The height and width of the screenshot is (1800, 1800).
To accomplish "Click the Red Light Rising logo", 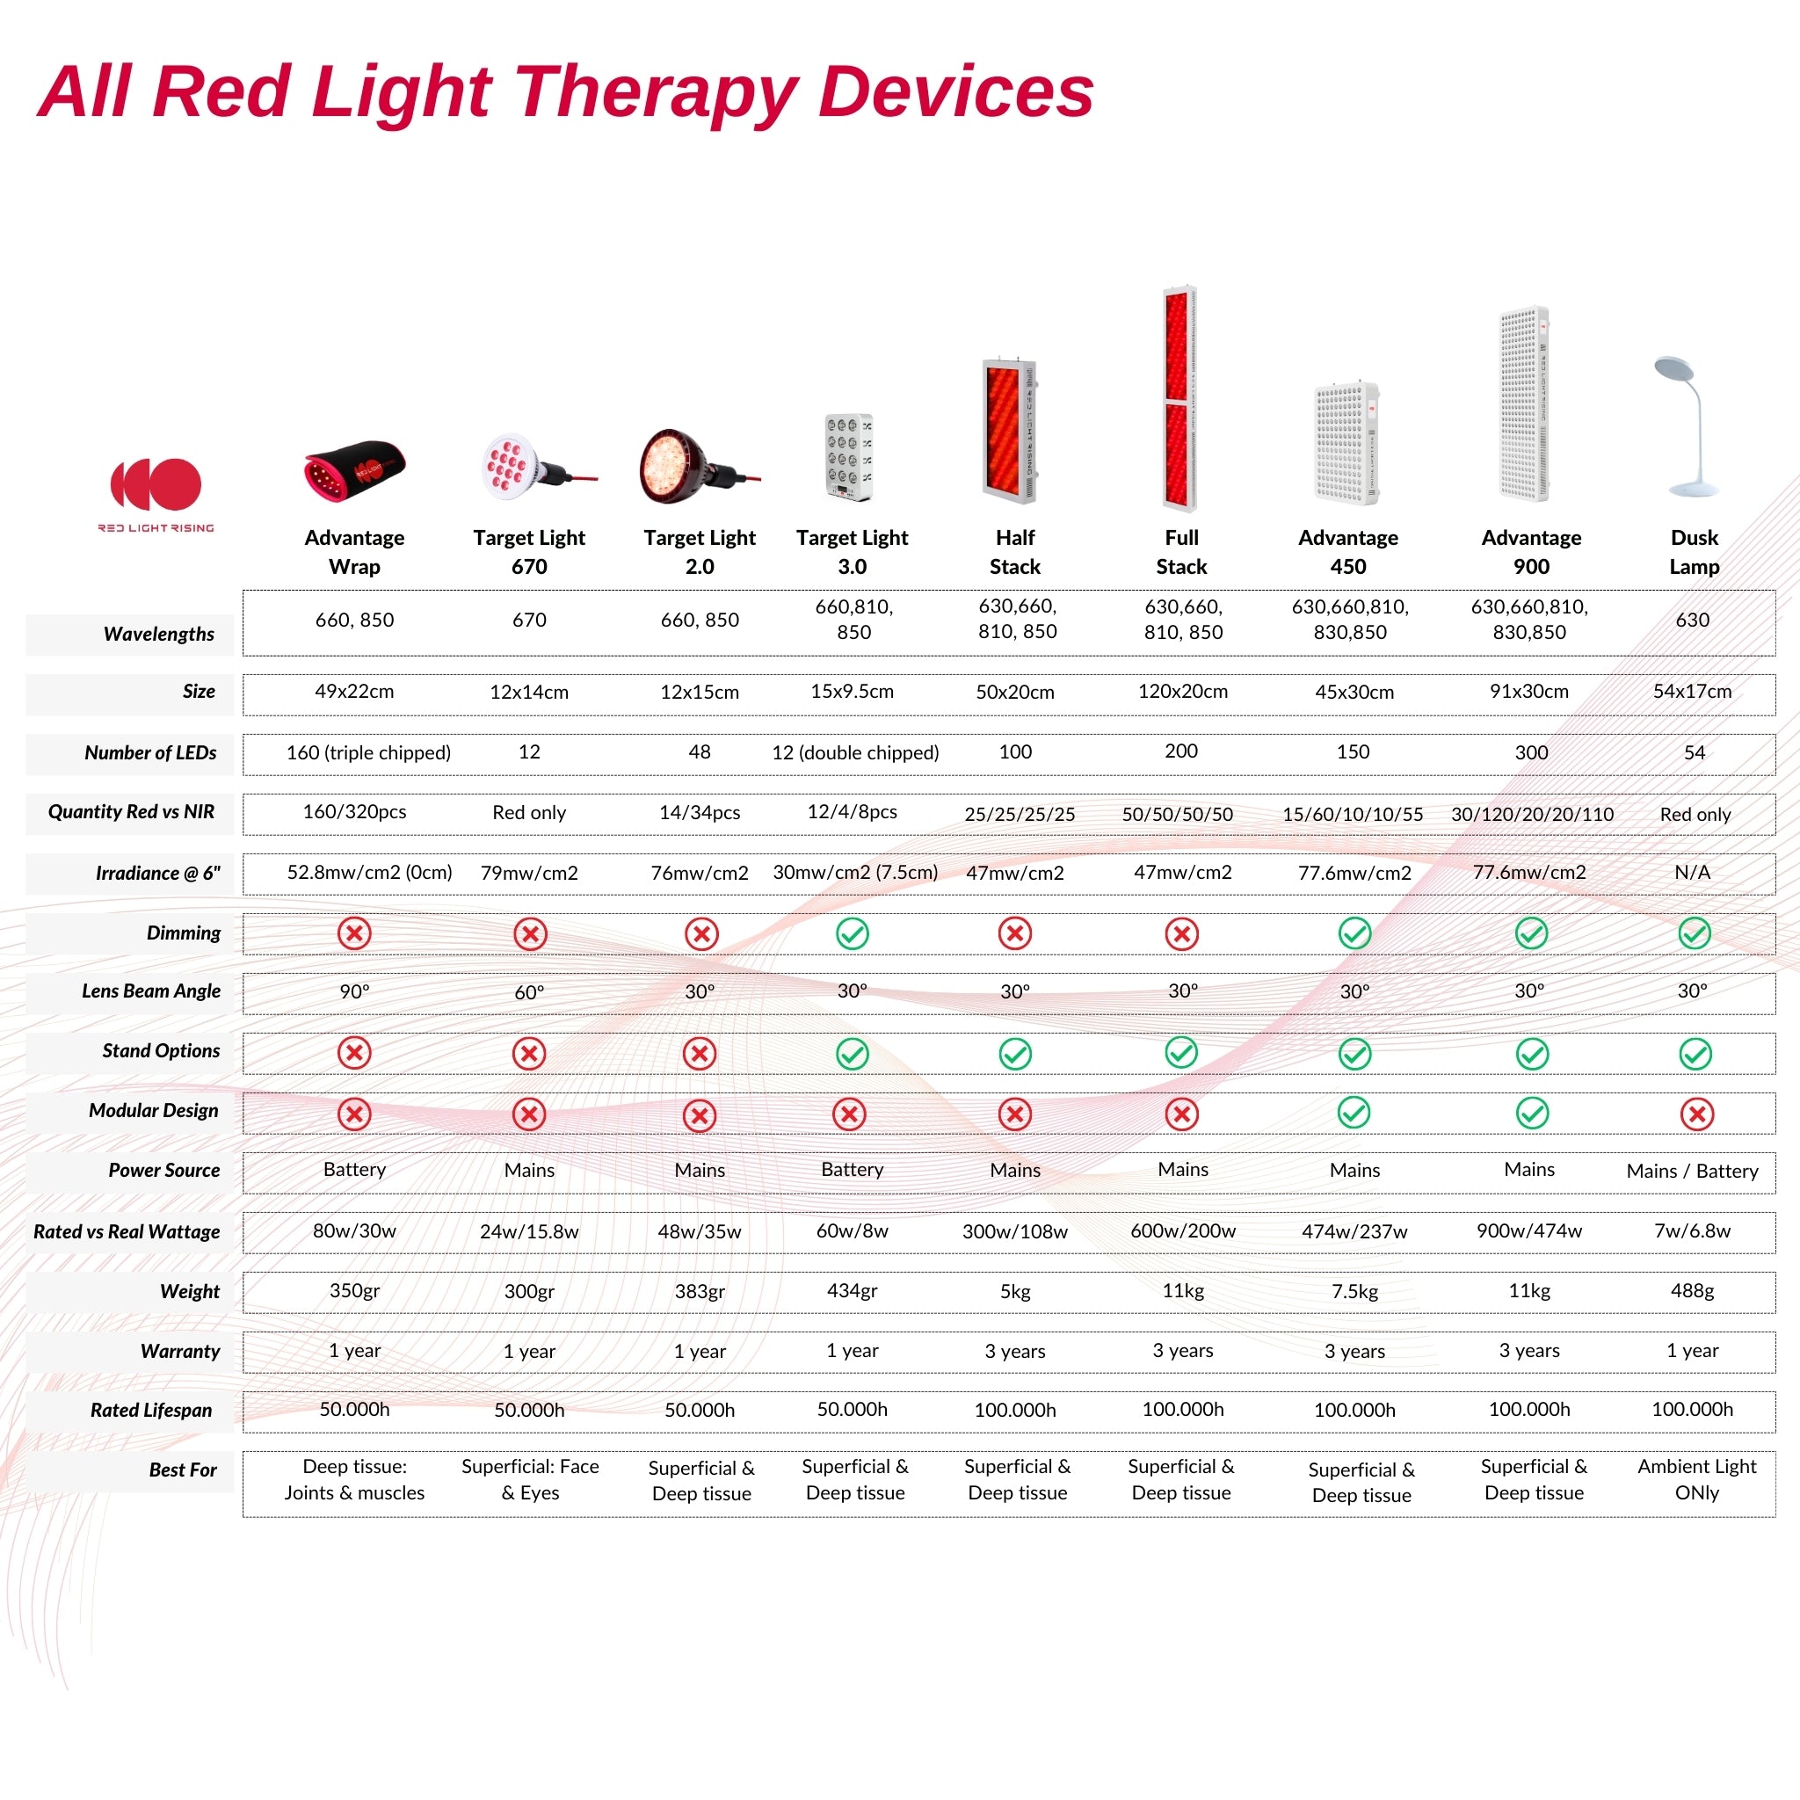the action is pyautogui.click(x=156, y=495).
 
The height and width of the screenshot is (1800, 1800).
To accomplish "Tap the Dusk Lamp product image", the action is pyautogui.click(x=1686, y=425).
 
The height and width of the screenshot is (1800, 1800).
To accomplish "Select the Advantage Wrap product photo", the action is pyautogui.click(x=355, y=470).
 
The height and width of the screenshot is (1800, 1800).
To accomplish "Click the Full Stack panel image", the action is pyautogui.click(x=1179, y=398).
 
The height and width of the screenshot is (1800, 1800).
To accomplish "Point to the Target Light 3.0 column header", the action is pyautogui.click(x=852, y=552).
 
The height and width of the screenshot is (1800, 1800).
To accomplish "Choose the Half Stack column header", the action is pyautogui.click(x=1014, y=552).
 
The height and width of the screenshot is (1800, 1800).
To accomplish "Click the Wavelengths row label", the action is pyautogui.click(x=158, y=634).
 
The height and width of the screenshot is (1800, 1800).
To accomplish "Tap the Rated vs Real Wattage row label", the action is pyautogui.click(x=127, y=1231).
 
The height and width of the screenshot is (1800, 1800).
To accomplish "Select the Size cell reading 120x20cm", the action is pyautogui.click(x=1182, y=692).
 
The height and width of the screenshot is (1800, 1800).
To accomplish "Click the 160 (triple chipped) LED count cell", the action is pyautogui.click(x=368, y=751).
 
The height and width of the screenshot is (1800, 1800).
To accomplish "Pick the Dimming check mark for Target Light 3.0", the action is pyautogui.click(x=852, y=933).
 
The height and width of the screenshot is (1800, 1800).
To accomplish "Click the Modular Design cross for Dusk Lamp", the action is pyautogui.click(x=1696, y=1114).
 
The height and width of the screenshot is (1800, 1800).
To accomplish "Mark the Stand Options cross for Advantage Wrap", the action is pyautogui.click(x=354, y=1053).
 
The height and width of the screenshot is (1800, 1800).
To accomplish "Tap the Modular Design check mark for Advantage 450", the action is pyautogui.click(x=1354, y=1113).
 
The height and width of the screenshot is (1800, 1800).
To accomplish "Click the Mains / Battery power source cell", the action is pyautogui.click(x=1692, y=1171).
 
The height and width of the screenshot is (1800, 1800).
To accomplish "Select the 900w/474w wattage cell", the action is pyautogui.click(x=1529, y=1230).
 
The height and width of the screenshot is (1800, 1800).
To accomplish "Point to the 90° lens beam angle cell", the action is pyautogui.click(x=354, y=991).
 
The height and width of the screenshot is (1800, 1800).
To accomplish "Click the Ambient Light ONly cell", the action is pyautogui.click(x=1696, y=1479).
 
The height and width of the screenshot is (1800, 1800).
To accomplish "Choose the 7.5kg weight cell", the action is pyautogui.click(x=1354, y=1291).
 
